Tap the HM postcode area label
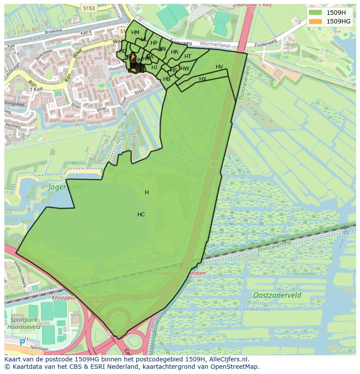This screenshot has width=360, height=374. (x=135, y=33)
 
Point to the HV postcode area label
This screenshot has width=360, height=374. (x=219, y=67)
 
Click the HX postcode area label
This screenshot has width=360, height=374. (x=203, y=79)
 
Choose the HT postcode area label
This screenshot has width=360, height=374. (x=188, y=56)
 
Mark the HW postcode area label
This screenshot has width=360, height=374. (x=185, y=69)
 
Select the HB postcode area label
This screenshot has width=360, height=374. (x=167, y=79)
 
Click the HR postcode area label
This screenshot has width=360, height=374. (x=174, y=52)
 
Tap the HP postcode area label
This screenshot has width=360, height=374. (x=154, y=43)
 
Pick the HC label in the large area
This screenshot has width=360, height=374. (x=141, y=215)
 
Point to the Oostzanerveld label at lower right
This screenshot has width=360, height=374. (x=277, y=295)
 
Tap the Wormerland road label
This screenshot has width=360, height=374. (x=216, y=45)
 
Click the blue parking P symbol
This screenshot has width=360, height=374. (x=22, y=343)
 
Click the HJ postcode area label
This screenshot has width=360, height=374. (x=154, y=67)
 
